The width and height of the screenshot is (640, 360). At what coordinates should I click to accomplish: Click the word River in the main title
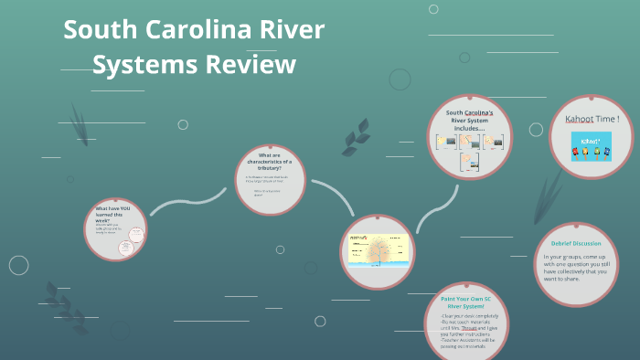point(292,30)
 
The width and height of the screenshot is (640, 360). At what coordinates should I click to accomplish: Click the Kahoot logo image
point(592,146)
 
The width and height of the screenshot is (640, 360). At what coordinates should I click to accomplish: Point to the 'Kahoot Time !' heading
point(592,119)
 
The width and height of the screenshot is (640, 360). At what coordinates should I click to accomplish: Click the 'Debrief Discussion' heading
point(576,242)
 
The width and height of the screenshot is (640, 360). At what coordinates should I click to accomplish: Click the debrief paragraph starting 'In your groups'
point(575,270)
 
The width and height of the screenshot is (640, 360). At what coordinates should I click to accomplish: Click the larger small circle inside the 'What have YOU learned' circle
point(131,242)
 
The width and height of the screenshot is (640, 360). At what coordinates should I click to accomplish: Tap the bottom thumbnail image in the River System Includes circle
point(469,162)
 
